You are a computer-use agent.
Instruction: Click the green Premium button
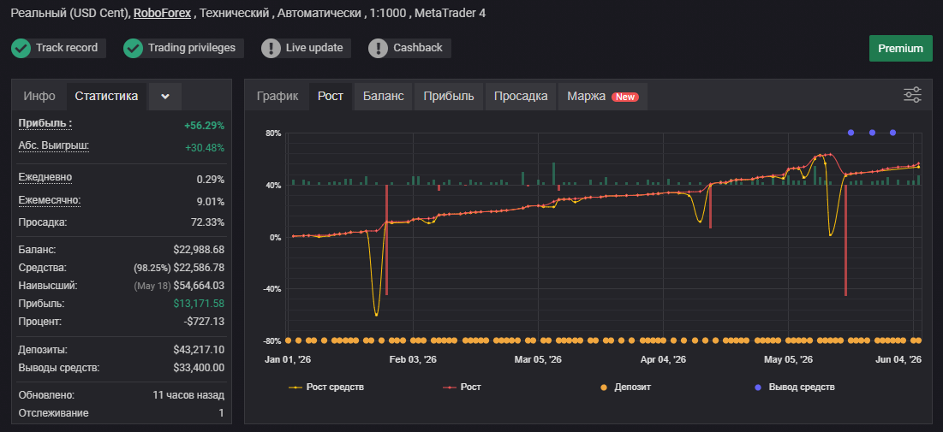point(900,49)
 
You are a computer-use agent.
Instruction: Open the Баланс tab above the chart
point(383,96)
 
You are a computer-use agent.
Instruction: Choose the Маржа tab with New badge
point(603,96)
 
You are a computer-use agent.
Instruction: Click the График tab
point(278,96)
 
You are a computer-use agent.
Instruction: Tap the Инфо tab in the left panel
point(39,96)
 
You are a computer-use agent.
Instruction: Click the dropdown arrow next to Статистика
point(165,97)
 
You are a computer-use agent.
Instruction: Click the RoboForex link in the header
point(163,13)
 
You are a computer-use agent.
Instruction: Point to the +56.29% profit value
point(205,126)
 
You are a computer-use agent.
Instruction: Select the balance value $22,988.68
point(199,249)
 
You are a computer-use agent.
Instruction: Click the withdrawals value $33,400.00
point(199,368)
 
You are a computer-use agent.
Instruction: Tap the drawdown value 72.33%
point(207,222)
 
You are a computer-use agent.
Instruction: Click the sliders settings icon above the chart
point(912,95)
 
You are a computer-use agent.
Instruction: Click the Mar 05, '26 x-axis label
point(538,359)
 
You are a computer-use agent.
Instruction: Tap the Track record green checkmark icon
point(21,49)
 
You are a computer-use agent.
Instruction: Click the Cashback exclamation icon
point(379,49)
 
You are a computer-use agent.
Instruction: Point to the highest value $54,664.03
point(199,286)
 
